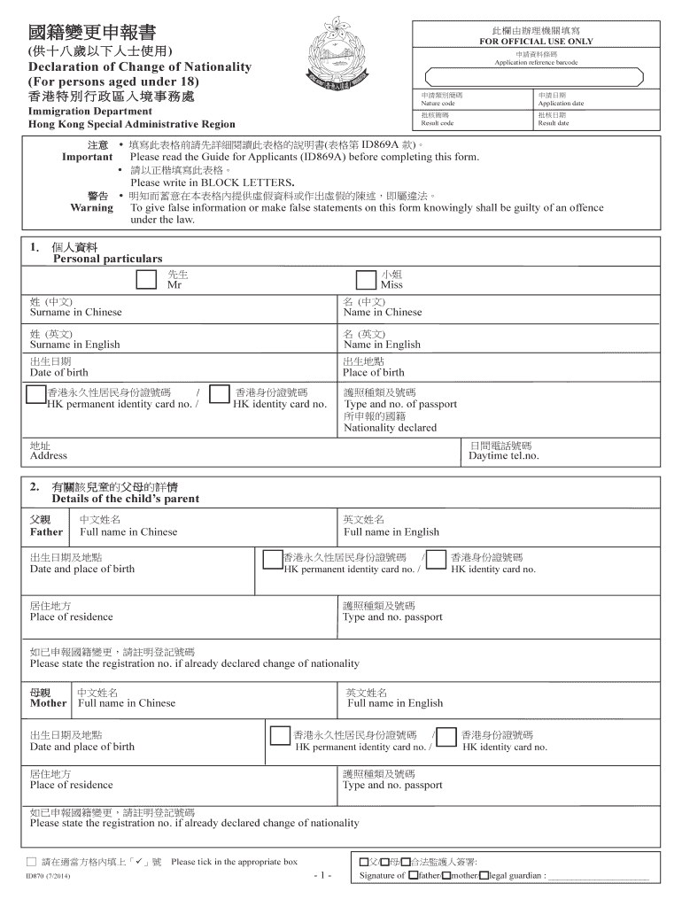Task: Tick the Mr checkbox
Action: point(146,280)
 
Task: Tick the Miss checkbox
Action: point(365,280)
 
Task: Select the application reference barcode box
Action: point(541,76)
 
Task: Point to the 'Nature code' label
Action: point(438,104)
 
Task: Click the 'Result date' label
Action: point(553,124)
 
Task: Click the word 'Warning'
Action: point(91,208)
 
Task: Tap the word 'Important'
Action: point(87,157)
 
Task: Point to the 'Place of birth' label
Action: point(373,373)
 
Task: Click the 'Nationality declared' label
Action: point(390,428)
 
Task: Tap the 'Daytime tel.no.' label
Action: point(504,456)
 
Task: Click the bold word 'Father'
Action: point(46,532)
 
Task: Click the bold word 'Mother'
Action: point(48,703)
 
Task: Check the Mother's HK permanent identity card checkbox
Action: point(280,735)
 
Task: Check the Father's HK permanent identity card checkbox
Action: point(271,558)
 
